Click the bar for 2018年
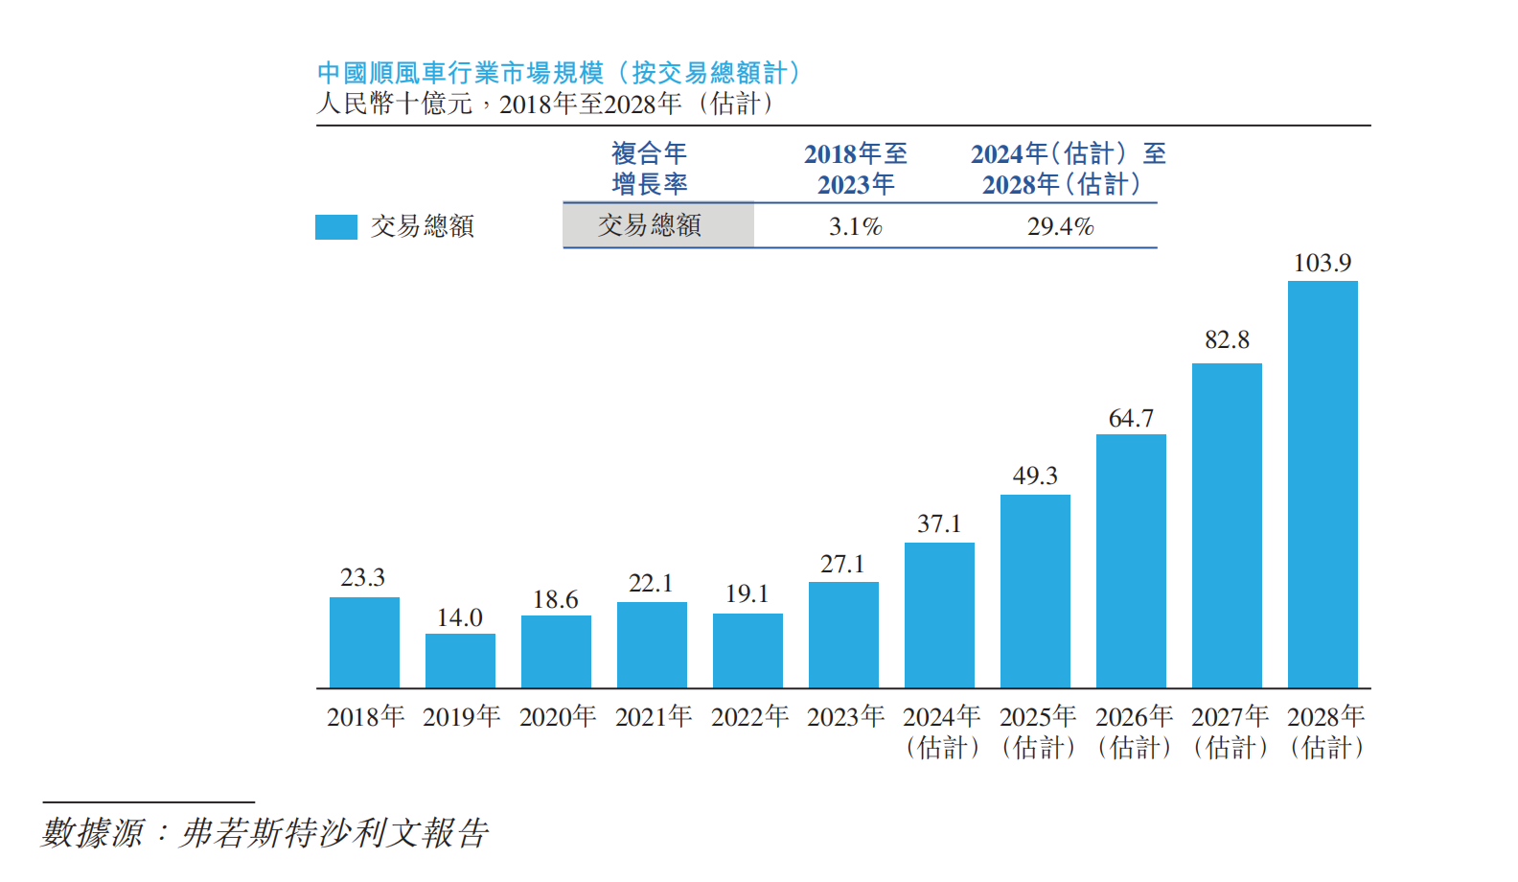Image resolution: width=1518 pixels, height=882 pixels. coord(364,642)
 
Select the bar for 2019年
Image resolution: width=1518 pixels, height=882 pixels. coord(460,661)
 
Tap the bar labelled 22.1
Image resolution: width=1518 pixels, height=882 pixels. coord(652,644)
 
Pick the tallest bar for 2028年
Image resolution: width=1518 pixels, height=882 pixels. coord(1322,484)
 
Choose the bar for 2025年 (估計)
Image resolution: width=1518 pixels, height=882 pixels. coord(1035,591)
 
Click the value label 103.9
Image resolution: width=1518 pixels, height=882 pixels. coord(1322,263)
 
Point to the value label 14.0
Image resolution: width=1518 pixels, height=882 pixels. coord(460,617)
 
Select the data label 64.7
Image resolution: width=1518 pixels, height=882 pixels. coord(1131,418)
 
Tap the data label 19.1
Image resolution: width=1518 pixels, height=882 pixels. coord(747,593)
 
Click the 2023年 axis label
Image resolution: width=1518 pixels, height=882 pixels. coord(845,716)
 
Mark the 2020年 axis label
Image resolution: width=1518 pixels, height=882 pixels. coord(558,716)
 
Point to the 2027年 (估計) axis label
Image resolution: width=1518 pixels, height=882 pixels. coord(1230,731)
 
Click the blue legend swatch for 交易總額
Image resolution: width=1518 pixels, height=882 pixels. coord(336,226)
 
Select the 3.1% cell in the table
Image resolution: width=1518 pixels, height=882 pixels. coord(855,226)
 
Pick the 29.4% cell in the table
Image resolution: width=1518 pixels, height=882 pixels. coord(1060,226)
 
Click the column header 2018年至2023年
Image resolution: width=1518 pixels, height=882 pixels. coord(855,169)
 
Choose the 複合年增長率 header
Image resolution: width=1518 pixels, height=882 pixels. coord(650,169)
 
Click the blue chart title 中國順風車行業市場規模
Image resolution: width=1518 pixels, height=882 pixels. coord(460,73)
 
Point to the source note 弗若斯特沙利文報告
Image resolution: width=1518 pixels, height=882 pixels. coord(334,832)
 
